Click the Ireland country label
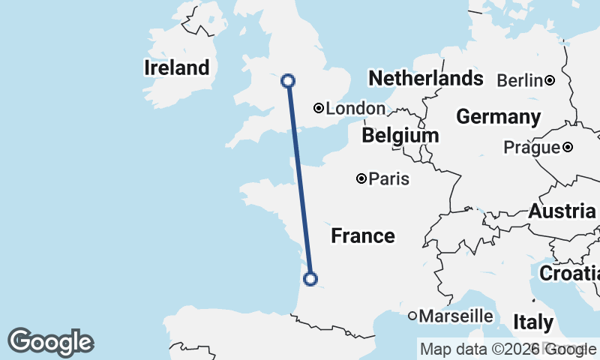(177, 68)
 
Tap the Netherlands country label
(425, 78)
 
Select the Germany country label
(498, 117)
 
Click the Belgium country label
(400, 136)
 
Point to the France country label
(363, 236)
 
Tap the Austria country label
(562, 211)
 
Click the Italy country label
(533, 322)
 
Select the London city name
(355, 109)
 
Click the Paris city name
(389, 178)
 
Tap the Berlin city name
(519, 80)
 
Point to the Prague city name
(531, 148)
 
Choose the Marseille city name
(456, 316)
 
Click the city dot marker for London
(319, 108)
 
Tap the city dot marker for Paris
(362, 178)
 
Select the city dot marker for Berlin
(550, 80)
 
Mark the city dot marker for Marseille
(412, 316)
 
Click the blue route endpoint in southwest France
(310, 280)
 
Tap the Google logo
(50, 342)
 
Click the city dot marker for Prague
(568, 147)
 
